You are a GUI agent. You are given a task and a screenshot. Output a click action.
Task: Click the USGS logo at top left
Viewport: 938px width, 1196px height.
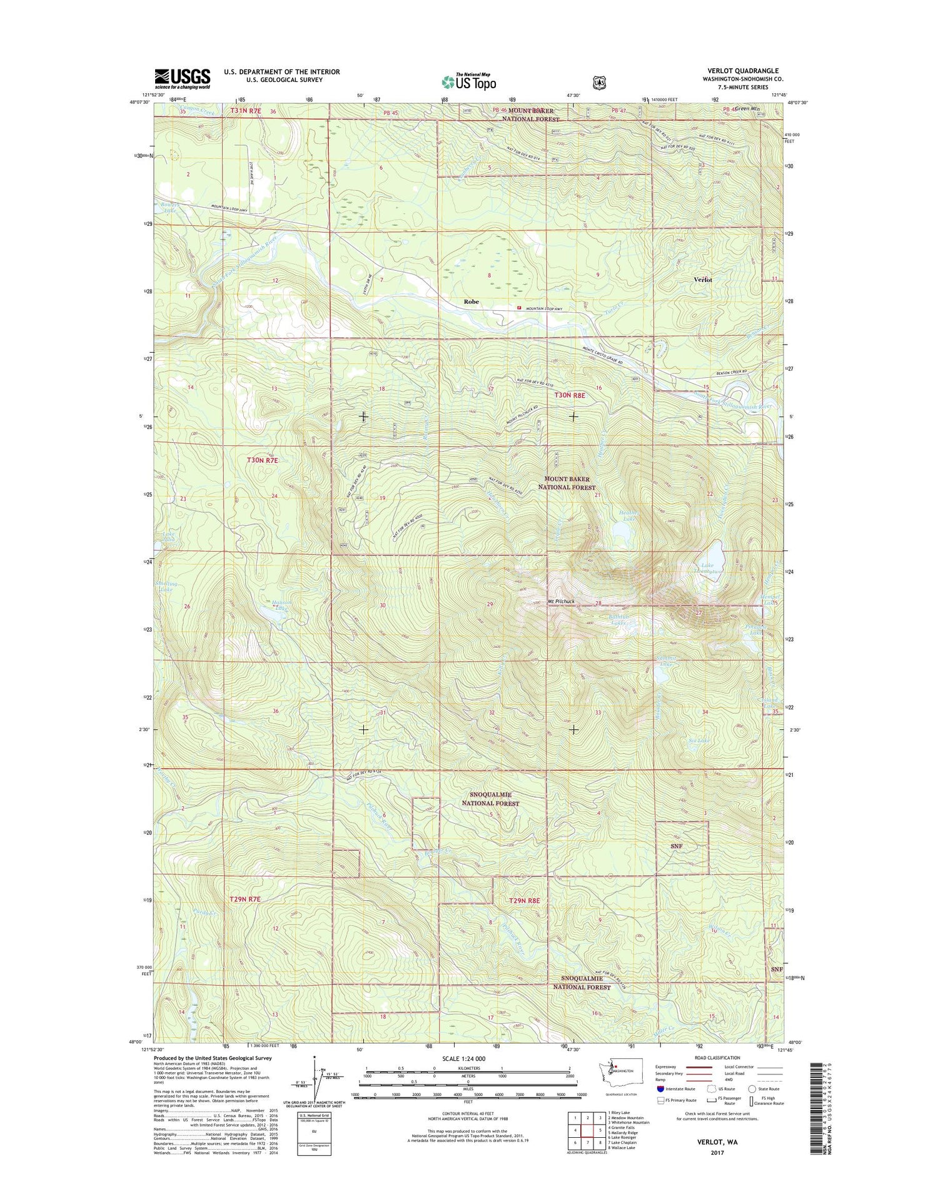click(183, 79)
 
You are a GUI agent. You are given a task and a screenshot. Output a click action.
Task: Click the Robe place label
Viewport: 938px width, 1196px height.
click(471, 302)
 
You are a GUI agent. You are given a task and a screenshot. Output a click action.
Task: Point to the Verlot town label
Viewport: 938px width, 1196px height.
click(703, 280)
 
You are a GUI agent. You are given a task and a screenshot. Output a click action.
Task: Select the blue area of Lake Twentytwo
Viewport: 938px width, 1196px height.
click(714, 553)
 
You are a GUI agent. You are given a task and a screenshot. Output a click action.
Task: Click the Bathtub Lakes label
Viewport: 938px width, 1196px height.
click(618, 619)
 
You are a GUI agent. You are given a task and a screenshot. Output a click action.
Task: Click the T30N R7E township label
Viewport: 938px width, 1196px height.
click(262, 460)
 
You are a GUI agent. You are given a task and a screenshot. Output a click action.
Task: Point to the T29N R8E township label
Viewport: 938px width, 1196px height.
click(524, 900)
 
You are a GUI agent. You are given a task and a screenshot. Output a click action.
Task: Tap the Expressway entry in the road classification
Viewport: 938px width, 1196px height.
click(668, 1067)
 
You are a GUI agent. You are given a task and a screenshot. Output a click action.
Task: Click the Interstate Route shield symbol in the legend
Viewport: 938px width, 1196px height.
click(660, 1089)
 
